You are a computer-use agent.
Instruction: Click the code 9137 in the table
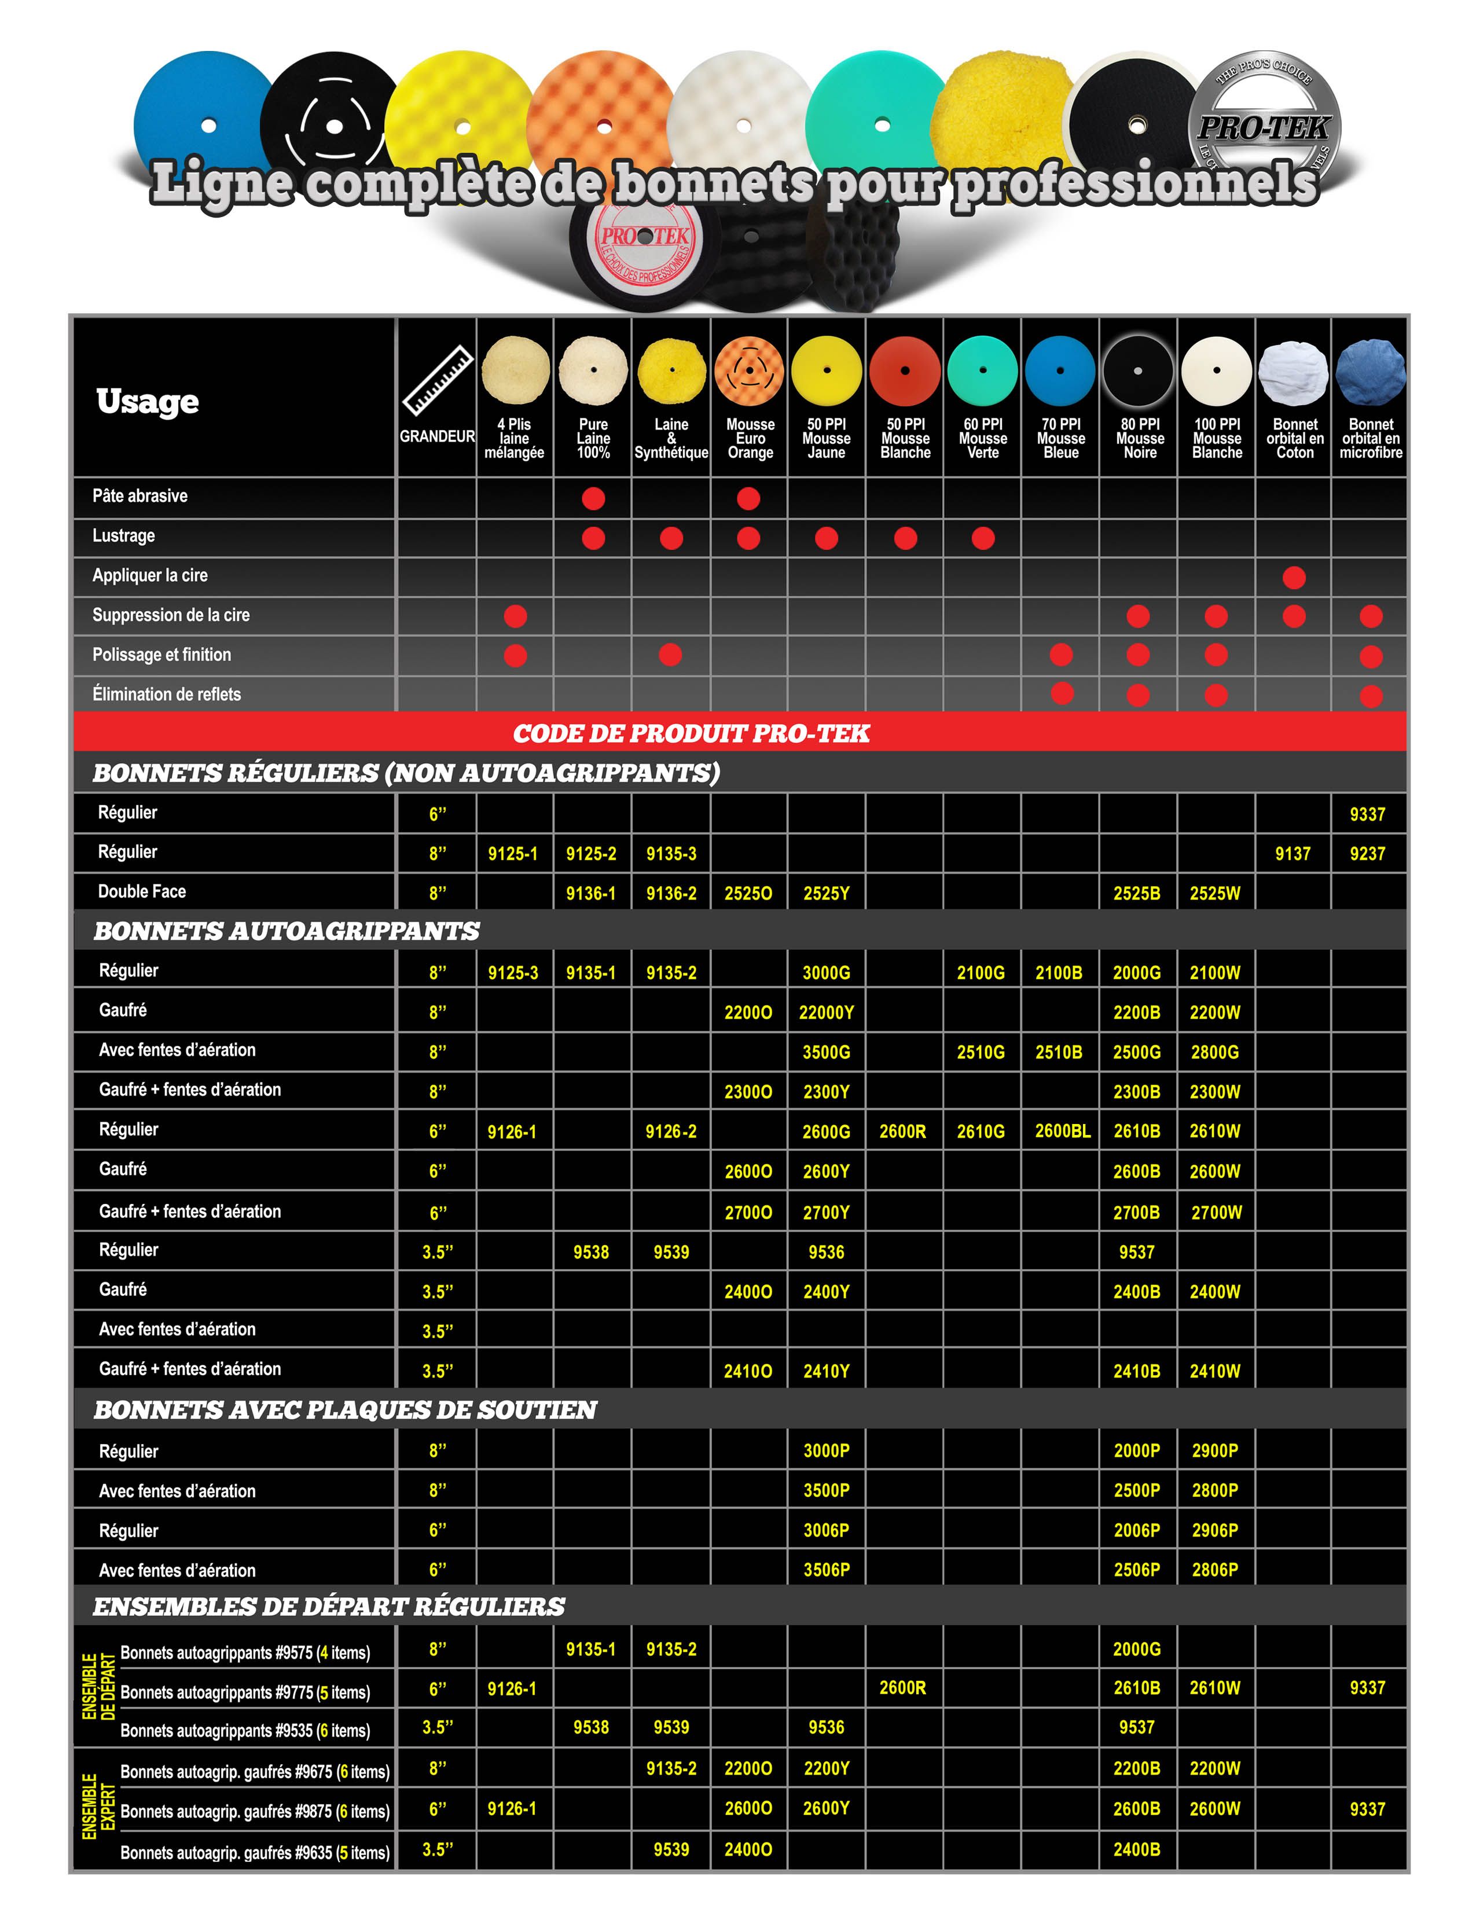pos(1293,854)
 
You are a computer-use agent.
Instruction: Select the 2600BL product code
pos(1062,1131)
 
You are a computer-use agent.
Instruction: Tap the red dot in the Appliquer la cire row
pos(1293,577)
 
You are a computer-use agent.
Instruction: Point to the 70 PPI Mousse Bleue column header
pos(1060,438)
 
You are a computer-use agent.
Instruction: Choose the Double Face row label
pos(142,892)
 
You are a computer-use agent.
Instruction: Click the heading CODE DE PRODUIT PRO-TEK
pos(691,733)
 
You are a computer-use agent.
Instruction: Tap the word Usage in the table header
pos(148,402)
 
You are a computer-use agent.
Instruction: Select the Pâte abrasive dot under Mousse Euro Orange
pos(748,498)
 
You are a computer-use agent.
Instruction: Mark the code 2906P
pos(1214,1530)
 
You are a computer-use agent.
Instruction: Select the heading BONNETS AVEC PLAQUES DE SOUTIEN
pos(346,1410)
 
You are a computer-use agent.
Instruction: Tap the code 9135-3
pos(671,854)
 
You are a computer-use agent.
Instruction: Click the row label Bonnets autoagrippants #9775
pos(245,1692)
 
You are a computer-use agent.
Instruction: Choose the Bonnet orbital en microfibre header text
pos(1370,438)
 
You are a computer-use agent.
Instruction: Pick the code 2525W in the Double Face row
pos(1214,893)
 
